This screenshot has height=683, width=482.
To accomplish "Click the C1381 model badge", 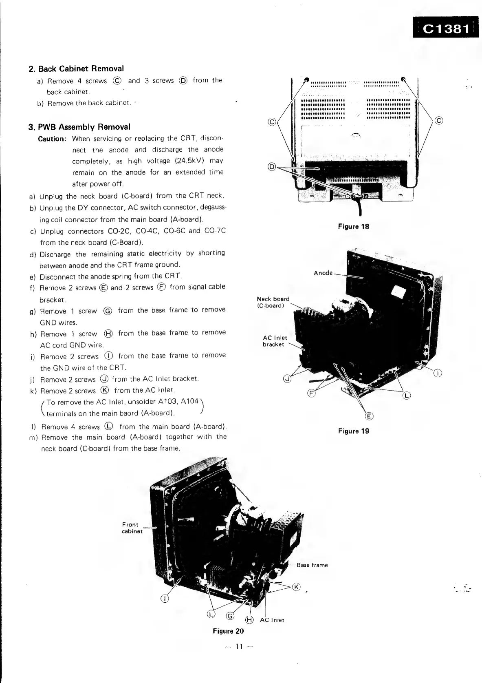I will [x=447, y=29].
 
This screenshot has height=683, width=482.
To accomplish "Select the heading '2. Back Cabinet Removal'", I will [x=76, y=69].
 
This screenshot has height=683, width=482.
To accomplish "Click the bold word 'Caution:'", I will [x=52, y=139].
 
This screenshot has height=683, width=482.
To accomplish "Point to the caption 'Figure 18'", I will [x=353, y=226].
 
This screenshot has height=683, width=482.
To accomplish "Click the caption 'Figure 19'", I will [x=353, y=431].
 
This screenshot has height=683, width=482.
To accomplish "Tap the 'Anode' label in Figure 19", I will [x=323, y=273].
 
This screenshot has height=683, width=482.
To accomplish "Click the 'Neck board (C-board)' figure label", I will [x=273, y=302].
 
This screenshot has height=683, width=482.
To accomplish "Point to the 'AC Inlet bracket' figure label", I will [x=275, y=341].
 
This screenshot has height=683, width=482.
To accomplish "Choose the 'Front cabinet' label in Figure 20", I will [x=132, y=528].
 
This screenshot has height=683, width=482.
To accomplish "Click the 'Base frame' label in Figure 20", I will [x=312, y=565].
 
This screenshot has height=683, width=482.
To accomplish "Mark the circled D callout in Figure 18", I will [x=272, y=166].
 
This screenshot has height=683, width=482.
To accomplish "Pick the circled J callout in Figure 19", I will [x=287, y=379].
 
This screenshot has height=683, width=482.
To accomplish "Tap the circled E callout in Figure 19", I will [x=369, y=416].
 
